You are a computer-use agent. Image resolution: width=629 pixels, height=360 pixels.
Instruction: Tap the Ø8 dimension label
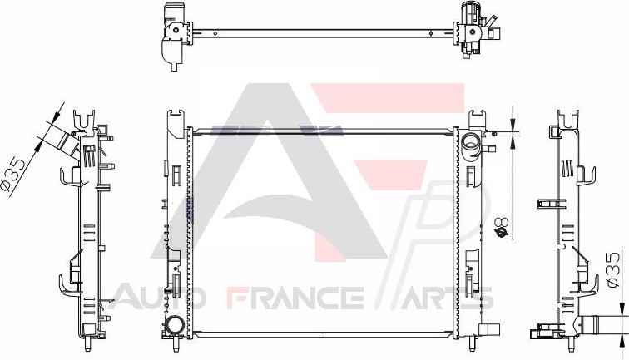tap(502, 228)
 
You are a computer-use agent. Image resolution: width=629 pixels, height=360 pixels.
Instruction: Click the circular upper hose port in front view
tap(470, 143)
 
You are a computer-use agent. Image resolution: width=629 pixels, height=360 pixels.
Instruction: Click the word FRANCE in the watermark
tap(295, 298)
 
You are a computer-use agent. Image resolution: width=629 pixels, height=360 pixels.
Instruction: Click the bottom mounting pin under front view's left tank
tap(175, 344)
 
